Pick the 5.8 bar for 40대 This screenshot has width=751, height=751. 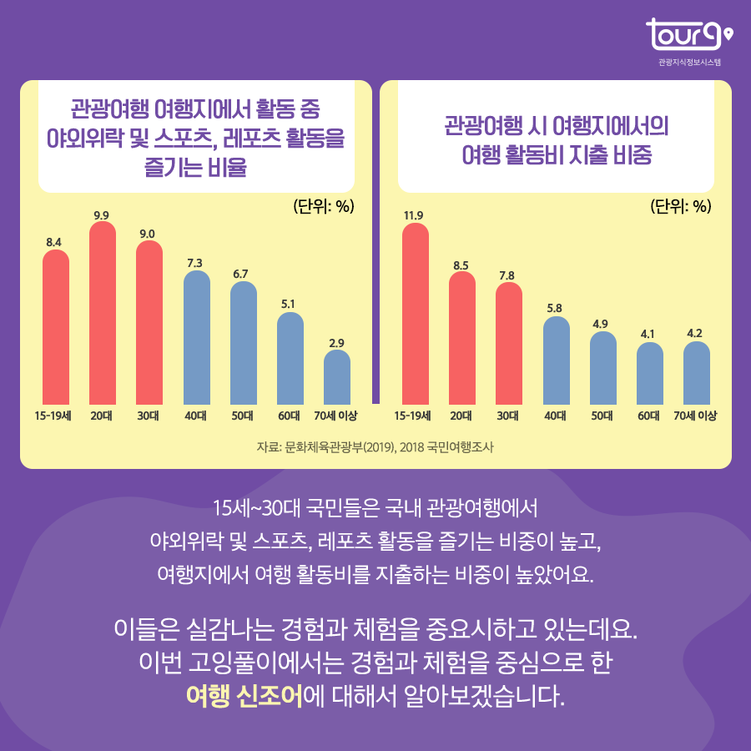(556, 359)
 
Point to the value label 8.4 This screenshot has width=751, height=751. (55, 242)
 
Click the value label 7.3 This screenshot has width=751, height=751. (195, 263)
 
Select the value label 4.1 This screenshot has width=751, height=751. (649, 334)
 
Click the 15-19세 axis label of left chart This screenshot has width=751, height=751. (55, 415)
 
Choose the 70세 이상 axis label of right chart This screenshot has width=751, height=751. (696, 415)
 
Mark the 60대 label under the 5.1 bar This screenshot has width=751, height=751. (290, 415)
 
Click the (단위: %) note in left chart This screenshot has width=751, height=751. (324, 206)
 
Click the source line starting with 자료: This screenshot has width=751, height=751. (375, 446)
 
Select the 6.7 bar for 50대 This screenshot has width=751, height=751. (243, 343)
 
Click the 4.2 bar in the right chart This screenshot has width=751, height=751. (696, 372)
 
